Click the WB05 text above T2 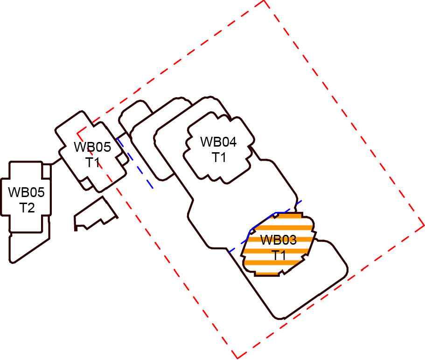[x=27, y=192]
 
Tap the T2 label [x=27, y=207]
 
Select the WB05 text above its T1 [x=92, y=147]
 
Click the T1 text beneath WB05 [x=92, y=162]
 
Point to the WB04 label [x=218, y=142]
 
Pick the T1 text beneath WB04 [x=219, y=157]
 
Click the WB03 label [x=278, y=240]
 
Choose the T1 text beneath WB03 [x=279, y=255]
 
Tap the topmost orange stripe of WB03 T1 [x=287, y=216]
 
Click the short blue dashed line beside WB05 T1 [x=136, y=163]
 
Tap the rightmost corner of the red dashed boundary [x=423, y=225]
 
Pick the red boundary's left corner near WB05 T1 [x=78, y=133]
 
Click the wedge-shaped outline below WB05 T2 [x=28, y=245]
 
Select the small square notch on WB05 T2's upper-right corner [x=46, y=171]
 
